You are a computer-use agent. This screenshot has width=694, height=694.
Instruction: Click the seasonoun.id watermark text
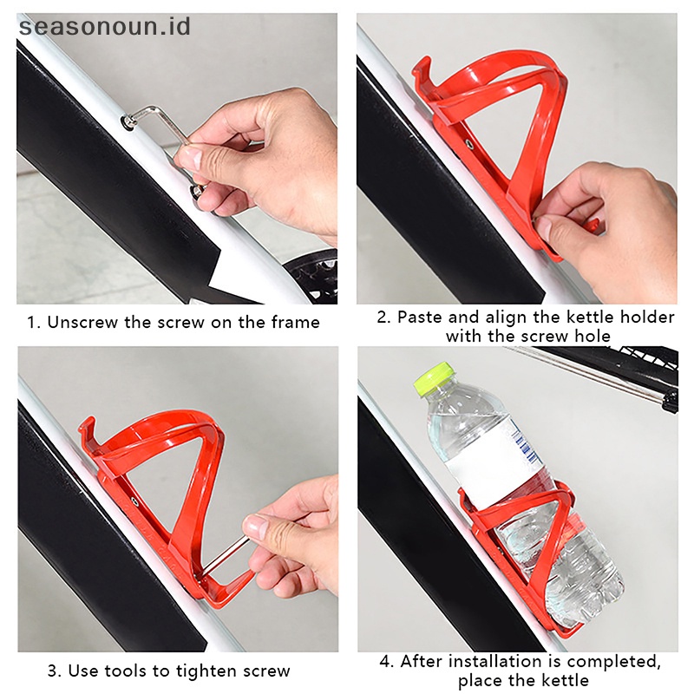point(104,26)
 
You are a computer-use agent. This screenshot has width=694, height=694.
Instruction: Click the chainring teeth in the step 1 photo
point(312,275)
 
